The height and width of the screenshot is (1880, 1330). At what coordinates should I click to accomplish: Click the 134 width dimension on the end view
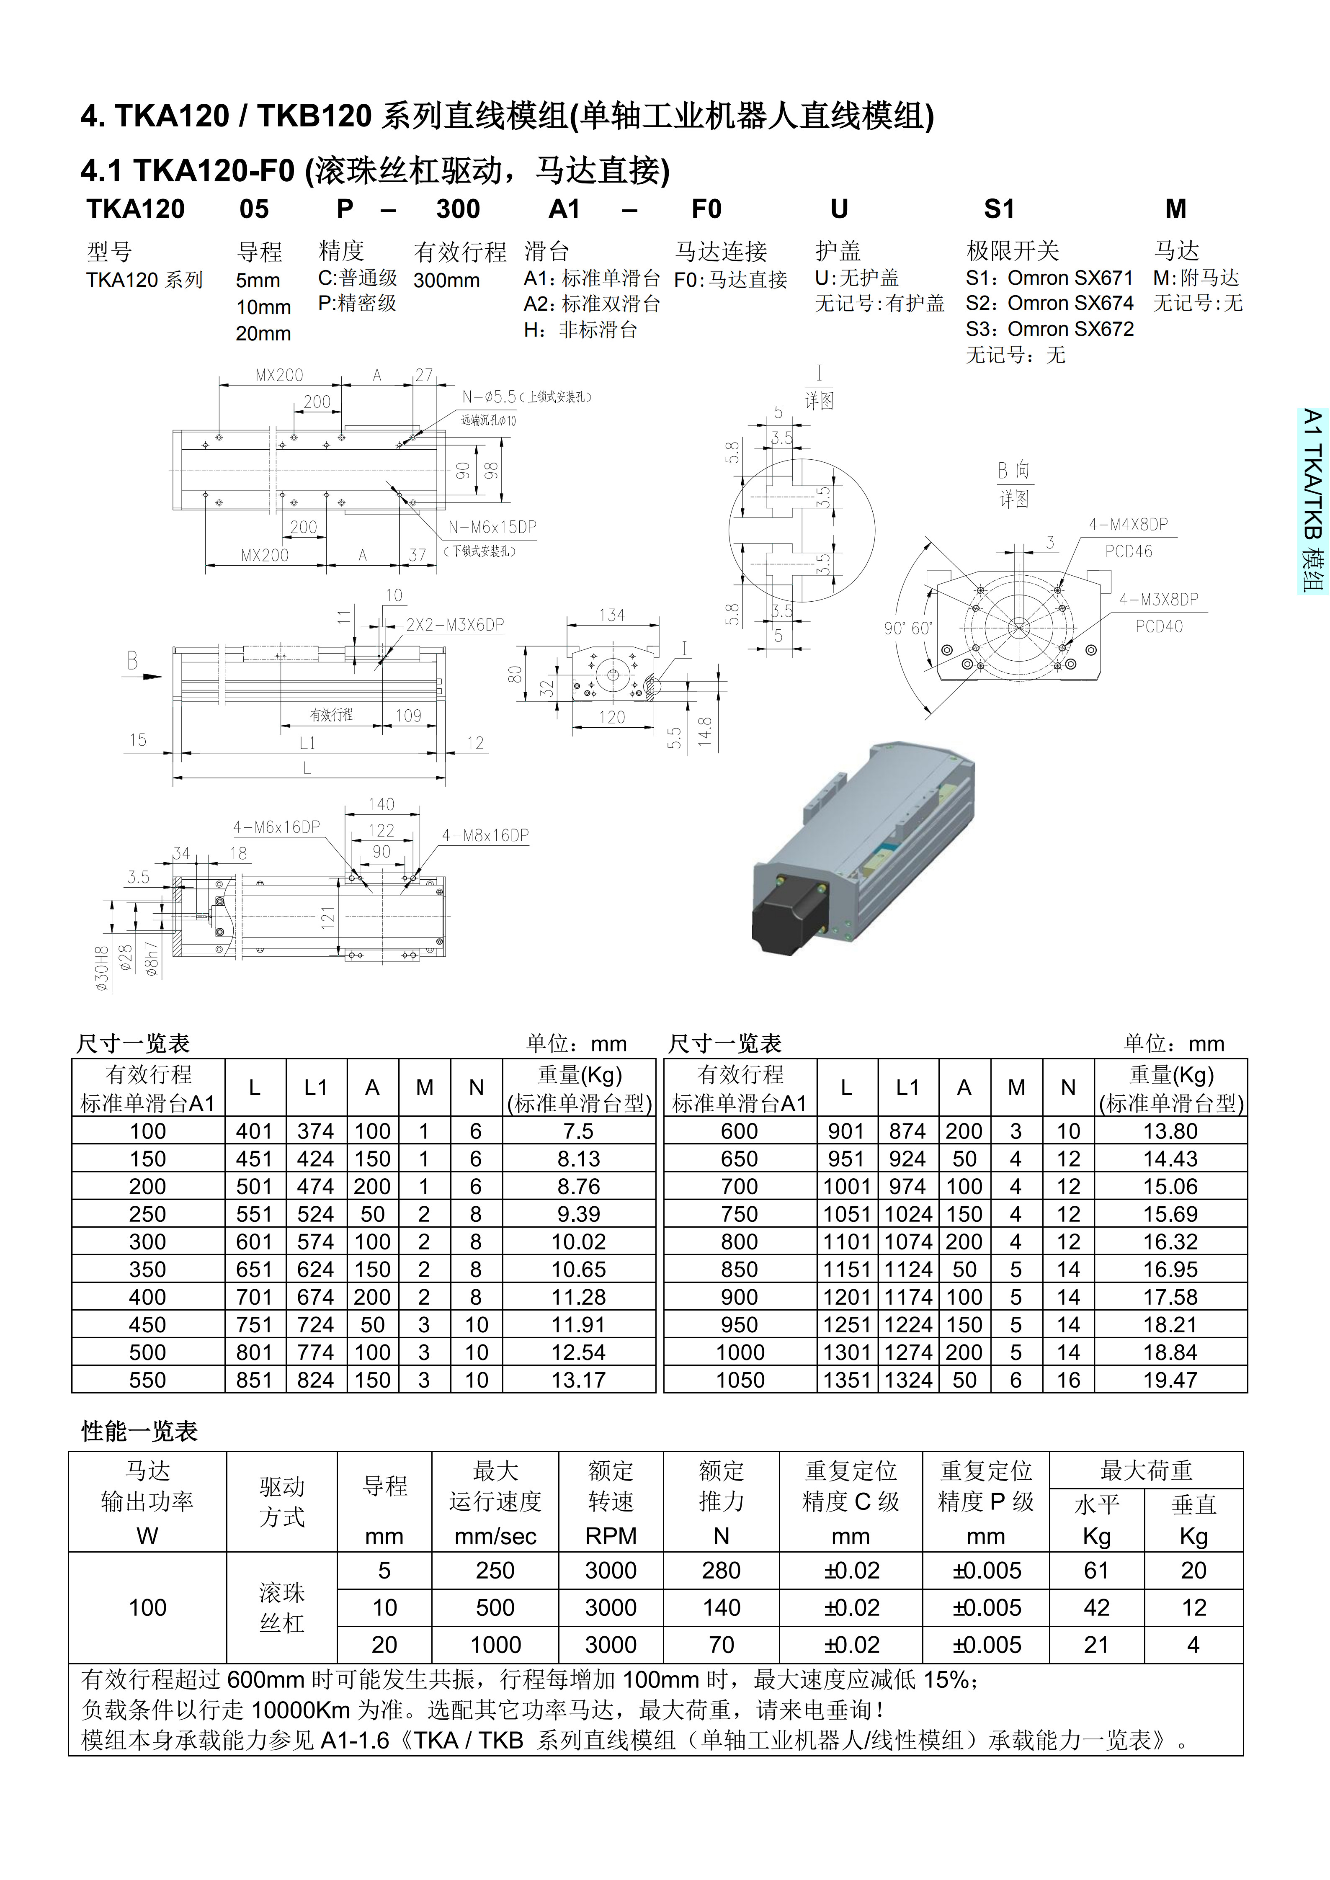click(x=612, y=615)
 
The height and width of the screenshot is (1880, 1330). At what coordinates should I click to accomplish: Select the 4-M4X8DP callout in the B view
click(x=1128, y=524)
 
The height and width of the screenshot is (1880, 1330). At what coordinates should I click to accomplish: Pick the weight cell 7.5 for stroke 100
click(x=578, y=1132)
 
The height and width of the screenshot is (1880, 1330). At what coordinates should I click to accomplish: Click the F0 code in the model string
click(x=706, y=210)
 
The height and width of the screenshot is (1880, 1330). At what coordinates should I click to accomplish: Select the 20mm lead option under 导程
click(x=263, y=333)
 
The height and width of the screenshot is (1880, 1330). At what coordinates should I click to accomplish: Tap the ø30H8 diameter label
click(x=102, y=969)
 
